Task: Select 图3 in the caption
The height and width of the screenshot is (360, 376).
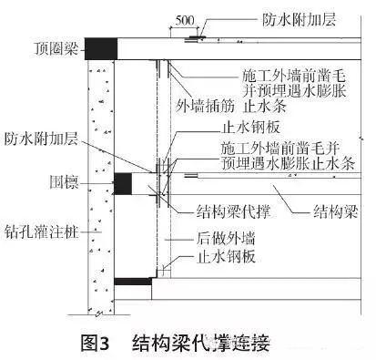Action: click(94, 343)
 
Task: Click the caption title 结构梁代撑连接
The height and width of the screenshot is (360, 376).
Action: click(207, 343)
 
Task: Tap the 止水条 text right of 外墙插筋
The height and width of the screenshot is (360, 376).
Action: click(265, 106)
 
